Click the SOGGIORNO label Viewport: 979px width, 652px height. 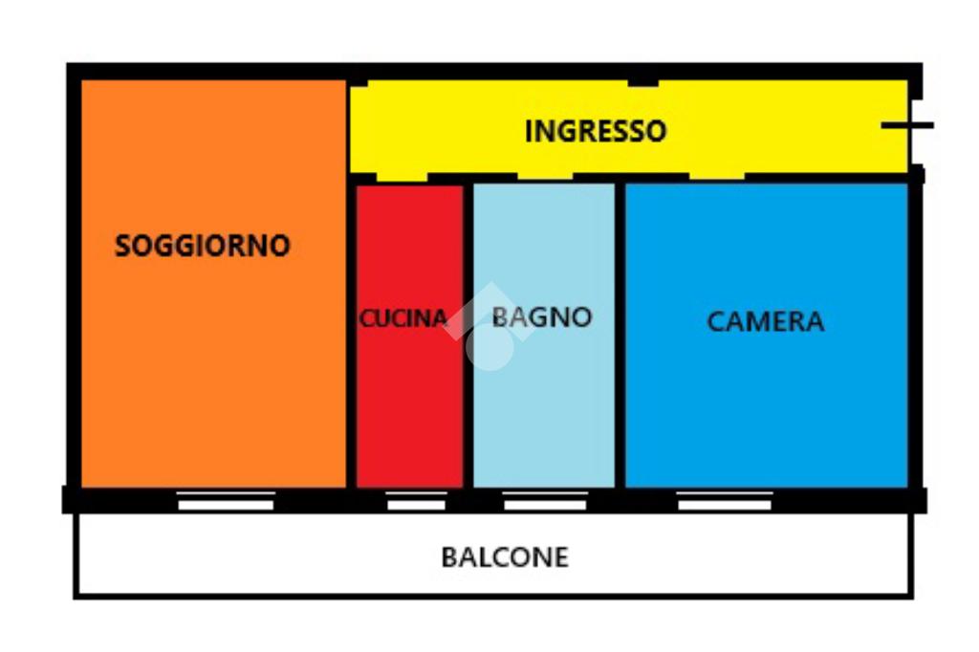(x=202, y=246)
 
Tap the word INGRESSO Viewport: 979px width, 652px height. (x=595, y=131)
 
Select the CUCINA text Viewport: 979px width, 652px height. (x=403, y=318)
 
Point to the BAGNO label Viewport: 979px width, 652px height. (x=542, y=317)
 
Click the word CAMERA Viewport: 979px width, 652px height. (x=765, y=321)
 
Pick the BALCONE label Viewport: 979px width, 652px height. (x=505, y=556)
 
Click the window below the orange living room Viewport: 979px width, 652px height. (x=227, y=500)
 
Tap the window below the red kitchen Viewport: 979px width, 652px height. (x=416, y=500)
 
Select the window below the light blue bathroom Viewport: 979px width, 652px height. (x=545, y=500)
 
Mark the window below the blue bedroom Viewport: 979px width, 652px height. (x=725, y=500)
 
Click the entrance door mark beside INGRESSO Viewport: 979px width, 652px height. (x=905, y=125)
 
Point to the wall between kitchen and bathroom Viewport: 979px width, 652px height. (x=468, y=335)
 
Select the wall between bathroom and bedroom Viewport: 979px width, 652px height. (x=620, y=335)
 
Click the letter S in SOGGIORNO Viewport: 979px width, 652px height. (x=122, y=246)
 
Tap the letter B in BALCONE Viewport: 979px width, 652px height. (x=448, y=556)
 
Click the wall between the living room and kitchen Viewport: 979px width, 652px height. (x=351, y=335)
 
